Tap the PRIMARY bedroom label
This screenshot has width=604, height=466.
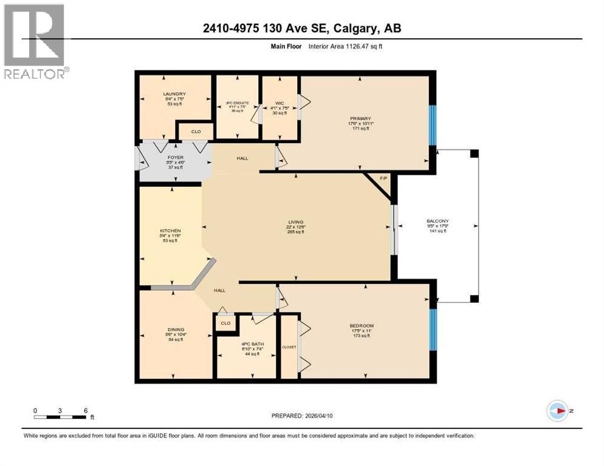360,119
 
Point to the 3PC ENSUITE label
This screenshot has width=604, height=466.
238,101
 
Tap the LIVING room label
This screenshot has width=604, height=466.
296,221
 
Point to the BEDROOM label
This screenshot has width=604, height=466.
362,326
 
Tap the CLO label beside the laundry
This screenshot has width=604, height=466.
196,131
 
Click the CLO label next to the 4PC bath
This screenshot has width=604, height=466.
225,323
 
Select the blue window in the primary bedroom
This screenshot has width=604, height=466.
433,125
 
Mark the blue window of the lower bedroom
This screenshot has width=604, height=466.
433,329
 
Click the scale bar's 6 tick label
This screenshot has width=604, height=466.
86,411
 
